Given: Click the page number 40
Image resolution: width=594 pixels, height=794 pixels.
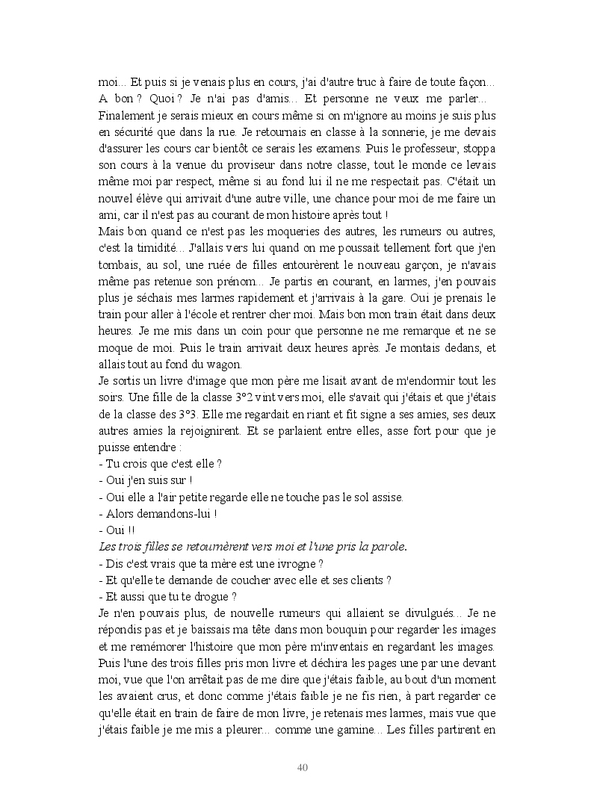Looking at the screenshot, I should pyautogui.click(x=303, y=767).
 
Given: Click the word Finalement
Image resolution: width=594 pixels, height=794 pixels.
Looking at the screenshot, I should pyautogui.click(x=127, y=116).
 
